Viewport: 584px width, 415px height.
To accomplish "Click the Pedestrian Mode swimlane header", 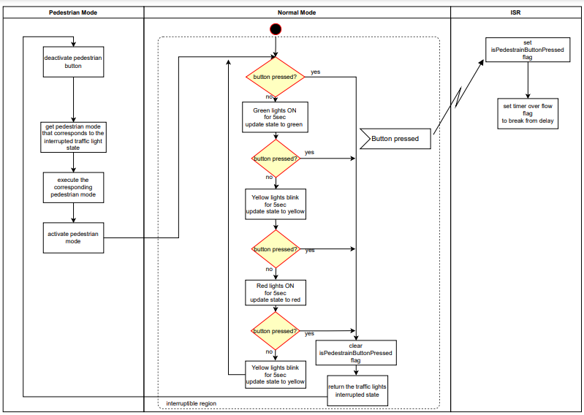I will (73, 12).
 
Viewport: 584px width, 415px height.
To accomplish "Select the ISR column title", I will (515, 12).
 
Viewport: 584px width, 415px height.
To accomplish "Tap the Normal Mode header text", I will (297, 12).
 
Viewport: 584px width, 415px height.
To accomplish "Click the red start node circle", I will (276, 29).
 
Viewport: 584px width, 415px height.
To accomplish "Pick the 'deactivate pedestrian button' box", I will (73, 61).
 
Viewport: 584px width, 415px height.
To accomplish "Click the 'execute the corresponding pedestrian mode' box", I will (73, 187).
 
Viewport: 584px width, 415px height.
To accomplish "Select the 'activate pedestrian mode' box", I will (73, 237).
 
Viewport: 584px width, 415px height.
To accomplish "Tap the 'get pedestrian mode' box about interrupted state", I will (73, 137).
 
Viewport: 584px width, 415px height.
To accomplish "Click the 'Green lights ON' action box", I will (275, 117).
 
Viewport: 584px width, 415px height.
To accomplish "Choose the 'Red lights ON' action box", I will (275, 292).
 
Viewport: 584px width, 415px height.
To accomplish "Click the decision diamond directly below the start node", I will (276, 77).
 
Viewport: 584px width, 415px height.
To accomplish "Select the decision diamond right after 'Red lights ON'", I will (276, 331).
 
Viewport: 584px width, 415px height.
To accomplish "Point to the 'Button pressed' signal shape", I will (395, 138).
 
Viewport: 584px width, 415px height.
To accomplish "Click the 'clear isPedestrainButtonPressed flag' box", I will (356, 353).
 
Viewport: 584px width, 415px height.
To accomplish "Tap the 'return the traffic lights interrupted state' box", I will (356, 391).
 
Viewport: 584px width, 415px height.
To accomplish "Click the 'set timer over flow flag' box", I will (528, 114).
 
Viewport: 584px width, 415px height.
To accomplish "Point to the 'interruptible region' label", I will (191, 403).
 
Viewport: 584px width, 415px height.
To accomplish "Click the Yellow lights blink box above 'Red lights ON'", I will (275, 205).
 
